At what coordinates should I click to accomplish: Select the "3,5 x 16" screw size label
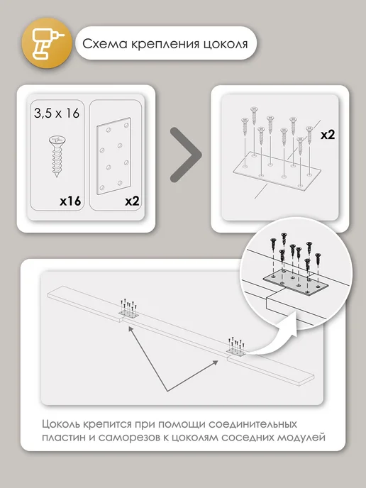57,113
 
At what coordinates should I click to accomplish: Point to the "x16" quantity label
70,201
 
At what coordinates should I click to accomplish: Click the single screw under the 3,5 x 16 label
57,156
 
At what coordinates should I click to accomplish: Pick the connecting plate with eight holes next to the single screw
113,156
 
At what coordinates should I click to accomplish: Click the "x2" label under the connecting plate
132,201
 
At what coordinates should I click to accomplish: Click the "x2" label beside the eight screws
328,135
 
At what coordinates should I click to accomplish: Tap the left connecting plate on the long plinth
128,314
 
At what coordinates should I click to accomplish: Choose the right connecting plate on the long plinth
236,351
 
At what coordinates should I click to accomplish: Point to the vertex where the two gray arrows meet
167,391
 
